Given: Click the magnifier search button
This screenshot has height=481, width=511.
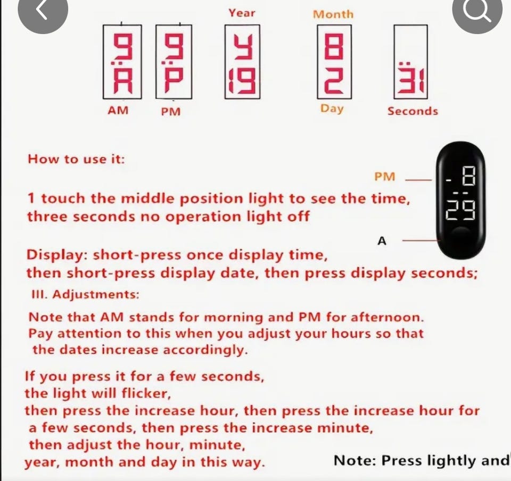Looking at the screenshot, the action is (x=477, y=11).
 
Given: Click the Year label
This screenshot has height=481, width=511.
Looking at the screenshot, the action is (x=242, y=13).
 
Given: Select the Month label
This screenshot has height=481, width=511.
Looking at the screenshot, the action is (x=333, y=14).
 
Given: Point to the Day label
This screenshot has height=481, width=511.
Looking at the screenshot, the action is (x=332, y=109).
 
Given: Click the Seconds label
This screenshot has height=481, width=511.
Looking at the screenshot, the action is (x=413, y=111).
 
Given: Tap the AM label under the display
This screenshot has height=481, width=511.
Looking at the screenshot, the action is (x=118, y=110).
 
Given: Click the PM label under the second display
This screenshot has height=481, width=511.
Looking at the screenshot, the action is (x=171, y=112).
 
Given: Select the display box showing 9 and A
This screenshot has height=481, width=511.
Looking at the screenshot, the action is (x=122, y=62).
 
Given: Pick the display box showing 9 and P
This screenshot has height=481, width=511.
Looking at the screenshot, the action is (x=174, y=62).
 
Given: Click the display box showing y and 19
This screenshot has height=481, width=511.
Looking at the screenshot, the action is (x=242, y=62).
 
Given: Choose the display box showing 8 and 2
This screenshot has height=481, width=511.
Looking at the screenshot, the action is (x=334, y=62).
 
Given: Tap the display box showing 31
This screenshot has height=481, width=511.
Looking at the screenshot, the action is (x=410, y=62).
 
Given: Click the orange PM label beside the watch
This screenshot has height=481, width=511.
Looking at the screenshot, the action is (x=384, y=177).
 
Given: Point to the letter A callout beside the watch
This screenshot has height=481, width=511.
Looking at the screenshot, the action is (x=382, y=241).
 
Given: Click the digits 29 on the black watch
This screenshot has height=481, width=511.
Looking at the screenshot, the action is (x=460, y=210).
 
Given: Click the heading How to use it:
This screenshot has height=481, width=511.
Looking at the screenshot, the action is (x=76, y=159).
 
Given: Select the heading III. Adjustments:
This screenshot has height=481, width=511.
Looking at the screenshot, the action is (x=85, y=294).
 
